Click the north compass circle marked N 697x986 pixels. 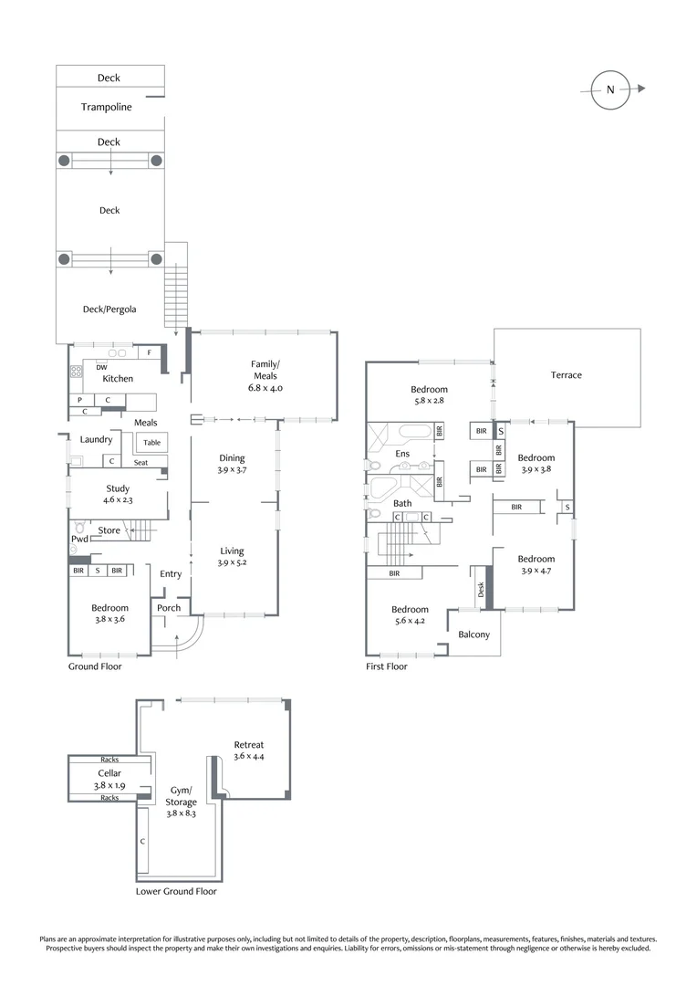point(610,89)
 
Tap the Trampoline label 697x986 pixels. point(107,108)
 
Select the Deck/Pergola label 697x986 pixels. point(109,309)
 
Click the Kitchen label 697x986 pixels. point(118,379)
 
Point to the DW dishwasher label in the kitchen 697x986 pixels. point(101,368)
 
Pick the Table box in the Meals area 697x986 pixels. point(151,443)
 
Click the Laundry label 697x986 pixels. point(96,440)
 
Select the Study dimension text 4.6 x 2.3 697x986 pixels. point(118,501)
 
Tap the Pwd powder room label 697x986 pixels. point(80,540)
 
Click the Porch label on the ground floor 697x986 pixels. point(169,608)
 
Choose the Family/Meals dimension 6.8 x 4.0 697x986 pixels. point(265,387)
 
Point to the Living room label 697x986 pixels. point(232,551)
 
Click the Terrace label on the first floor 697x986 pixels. point(566,375)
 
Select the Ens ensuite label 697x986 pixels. point(402,454)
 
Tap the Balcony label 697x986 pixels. point(474,635)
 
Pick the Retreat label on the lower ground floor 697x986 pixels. point(248,745)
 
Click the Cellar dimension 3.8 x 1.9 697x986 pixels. point(109,785)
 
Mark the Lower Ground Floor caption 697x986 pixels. point(176,891)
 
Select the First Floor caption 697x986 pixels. point(387,666)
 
